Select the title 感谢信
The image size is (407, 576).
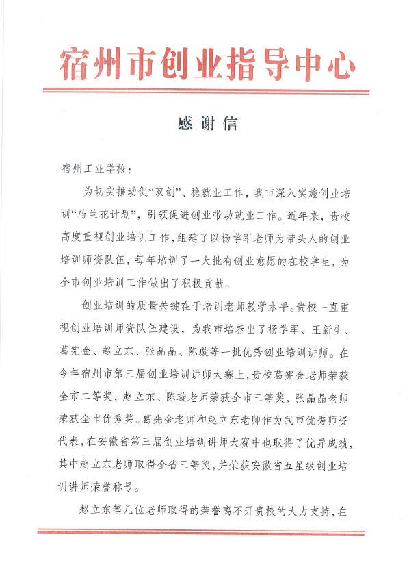[207, 124]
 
